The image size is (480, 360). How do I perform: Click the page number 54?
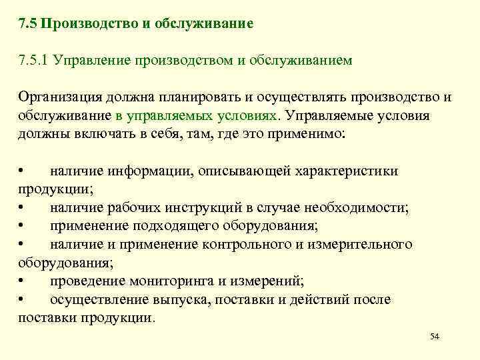tap(435, 337)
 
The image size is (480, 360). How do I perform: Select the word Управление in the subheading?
tap(93, 61)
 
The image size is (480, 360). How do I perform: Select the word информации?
tap(151, 171)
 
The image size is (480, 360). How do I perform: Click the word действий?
tap(317, 299)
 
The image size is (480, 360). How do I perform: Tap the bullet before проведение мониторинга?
tap(23, 281)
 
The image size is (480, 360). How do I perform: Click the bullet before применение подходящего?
tap(23, 225)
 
